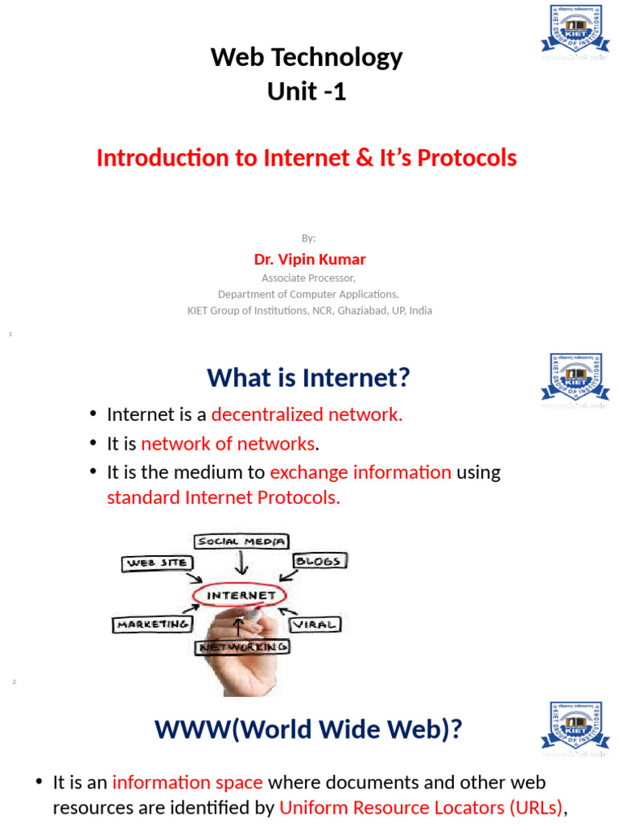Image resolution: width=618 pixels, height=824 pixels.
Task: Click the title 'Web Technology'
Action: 307,58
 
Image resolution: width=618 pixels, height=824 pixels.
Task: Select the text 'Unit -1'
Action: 307,92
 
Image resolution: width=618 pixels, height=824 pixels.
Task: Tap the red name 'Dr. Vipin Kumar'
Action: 310,259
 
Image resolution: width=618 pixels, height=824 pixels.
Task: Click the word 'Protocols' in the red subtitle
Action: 470,159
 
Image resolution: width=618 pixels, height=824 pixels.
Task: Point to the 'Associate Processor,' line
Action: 309,278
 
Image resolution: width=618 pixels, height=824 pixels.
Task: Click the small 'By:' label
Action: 309,237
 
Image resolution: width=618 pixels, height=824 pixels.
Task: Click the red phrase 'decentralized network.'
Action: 307,414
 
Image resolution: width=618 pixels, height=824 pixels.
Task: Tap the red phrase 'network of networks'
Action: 228,443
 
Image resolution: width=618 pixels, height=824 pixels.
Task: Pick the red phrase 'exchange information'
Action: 360,472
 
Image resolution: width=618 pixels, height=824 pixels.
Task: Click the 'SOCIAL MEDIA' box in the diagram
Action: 241,542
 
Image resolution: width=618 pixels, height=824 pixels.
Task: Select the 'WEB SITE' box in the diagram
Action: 157,563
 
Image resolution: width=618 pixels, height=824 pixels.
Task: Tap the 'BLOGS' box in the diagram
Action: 320,561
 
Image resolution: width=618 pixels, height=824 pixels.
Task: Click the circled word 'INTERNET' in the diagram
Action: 242,596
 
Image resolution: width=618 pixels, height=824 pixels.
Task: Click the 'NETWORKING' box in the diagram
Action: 242,647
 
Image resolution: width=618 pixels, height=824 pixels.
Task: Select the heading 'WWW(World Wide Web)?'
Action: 308,729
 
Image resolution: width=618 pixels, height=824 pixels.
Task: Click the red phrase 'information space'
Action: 187,782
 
